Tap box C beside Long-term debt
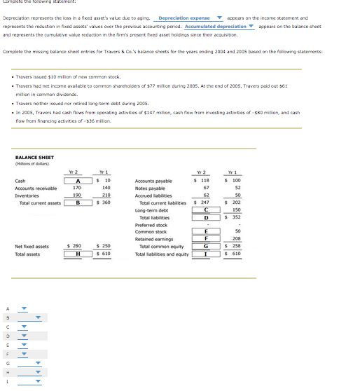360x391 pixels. pos(205,210)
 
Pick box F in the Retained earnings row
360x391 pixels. pos(205,239)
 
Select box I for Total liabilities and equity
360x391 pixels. pos(205,253)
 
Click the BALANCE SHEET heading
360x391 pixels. pos(34,158)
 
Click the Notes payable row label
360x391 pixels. pos(151,188)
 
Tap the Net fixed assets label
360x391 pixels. pos(32,246)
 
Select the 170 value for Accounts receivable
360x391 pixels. pos(77,188)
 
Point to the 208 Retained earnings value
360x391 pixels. pos(236,239)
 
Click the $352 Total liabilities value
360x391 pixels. pos(235,217)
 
